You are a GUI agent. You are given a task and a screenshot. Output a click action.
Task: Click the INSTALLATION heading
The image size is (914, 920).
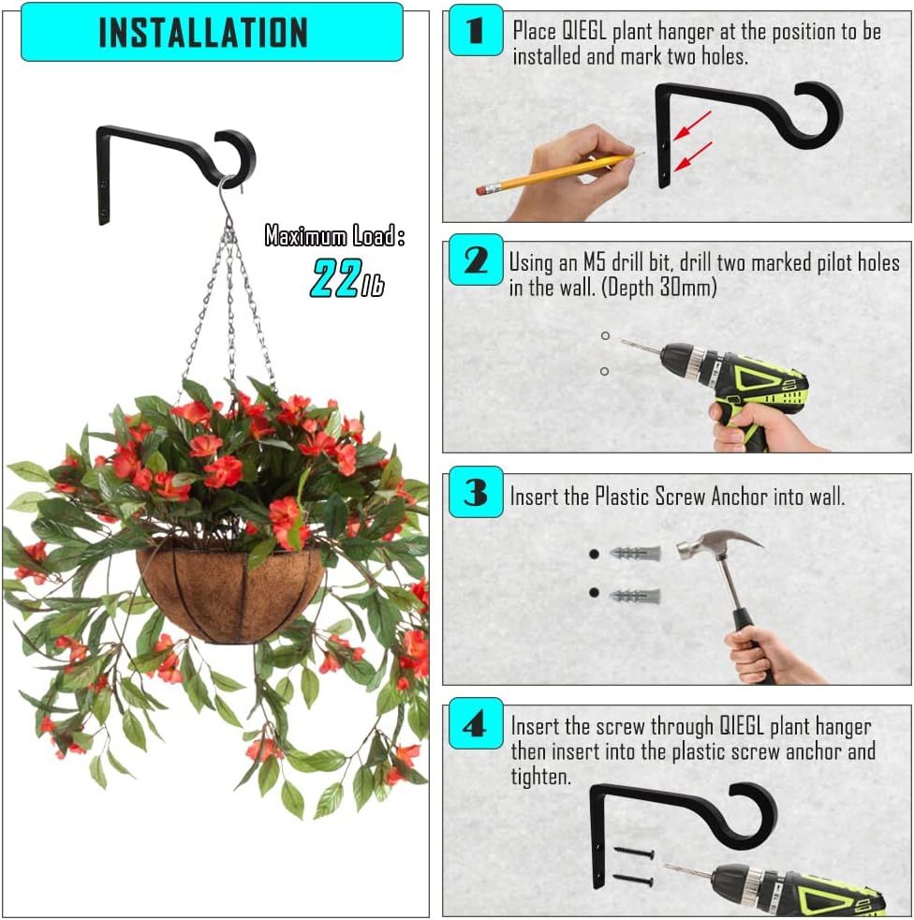click(203, 32)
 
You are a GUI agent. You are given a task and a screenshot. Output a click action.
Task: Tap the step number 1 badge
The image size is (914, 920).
click(476, 30)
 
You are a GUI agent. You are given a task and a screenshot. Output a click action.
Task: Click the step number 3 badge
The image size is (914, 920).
click(476, 492)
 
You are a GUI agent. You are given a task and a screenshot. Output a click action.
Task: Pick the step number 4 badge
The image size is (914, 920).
click(476, 723)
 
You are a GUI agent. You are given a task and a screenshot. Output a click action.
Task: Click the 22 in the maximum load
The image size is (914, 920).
click(333, 278)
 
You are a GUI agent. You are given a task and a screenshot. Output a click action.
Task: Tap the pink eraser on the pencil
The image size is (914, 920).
click(483, 189)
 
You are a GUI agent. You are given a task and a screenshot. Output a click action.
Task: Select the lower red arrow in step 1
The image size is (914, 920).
click(694, 156)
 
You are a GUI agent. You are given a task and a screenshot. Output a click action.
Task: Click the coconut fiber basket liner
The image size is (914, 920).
click(230, 595)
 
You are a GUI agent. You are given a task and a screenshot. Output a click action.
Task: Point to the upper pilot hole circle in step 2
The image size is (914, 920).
click(605, 335)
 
